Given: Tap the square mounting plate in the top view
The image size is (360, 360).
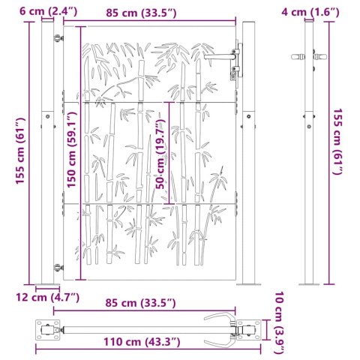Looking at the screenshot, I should click(49, 328).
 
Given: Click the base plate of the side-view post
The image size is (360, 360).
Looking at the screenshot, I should click(309, 283).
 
